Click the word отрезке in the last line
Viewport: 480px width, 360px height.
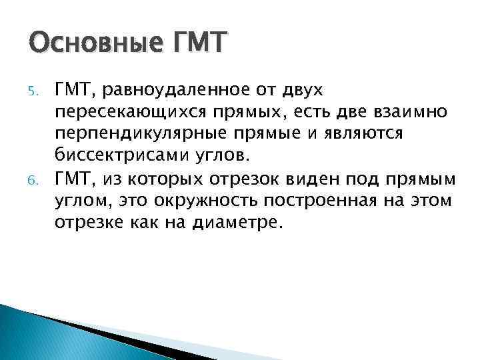[x=86, y=223]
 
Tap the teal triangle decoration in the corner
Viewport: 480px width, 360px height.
[x=40, y=337]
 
